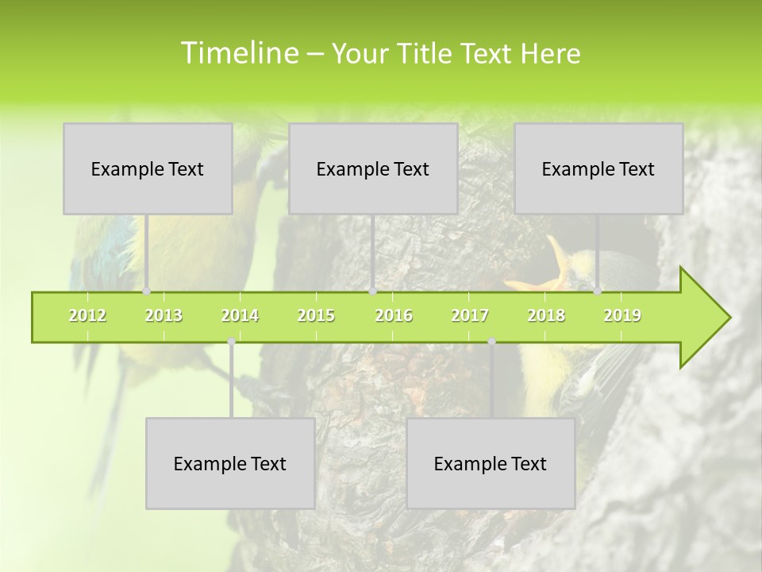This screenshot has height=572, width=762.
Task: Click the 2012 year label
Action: pyautogui.click(x=87, y=315)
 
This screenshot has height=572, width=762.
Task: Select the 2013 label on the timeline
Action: pyautogui.click(x=164, y=315)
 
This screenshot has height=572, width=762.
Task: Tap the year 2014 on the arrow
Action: pyautogui.click(x=240, y=315)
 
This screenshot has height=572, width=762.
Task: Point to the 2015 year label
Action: pyautogui.click(x=316, y=315)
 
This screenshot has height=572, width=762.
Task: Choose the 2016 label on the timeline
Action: pyautogui.click(x=394, y=315)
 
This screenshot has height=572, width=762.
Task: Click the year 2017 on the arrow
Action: pyautogui.click(x=470, y=315)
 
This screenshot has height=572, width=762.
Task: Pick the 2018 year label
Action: pyautogui.click(x=546, y=315)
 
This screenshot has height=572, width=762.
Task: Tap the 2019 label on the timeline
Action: pyautogui.click(x=622, y=315)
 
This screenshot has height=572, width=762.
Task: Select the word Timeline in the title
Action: pyautogui.click(x=238, y=53)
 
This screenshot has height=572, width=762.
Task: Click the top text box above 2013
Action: pyautogui.click(x=148, y=168)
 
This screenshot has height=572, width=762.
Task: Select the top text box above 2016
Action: pyautogui.click(x=373, y=168)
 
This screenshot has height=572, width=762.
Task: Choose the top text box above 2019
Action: pyautogui.click(x=598, y=168)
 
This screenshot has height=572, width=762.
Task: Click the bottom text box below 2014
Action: pyautogui.click(x=230, y=463)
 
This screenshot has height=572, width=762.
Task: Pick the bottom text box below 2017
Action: pyautogui.click(x=491, y=463)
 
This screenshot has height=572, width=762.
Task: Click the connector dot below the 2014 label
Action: pyautogui.click(x=231, y=341)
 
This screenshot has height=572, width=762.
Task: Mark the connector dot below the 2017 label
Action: pyautogui.click(x=491, y=341)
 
